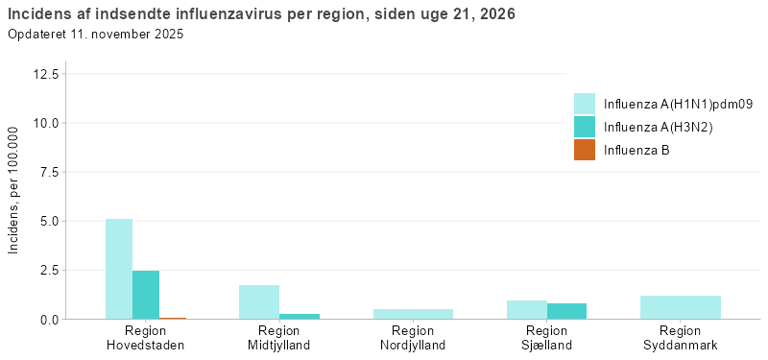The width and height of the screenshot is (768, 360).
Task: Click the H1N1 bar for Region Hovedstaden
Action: [119, 269]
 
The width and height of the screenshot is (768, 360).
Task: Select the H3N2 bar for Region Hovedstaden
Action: [146, 295]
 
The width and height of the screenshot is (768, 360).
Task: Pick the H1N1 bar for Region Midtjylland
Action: [259, 301]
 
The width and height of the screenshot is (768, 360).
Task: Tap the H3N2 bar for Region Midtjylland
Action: [300, 316]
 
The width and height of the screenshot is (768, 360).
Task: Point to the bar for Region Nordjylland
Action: [413, 314]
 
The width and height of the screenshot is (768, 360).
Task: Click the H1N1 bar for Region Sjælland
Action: [527, 309]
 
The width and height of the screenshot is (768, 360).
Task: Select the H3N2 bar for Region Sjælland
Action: [566, 311]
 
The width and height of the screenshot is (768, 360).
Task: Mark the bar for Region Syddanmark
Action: [681, 307]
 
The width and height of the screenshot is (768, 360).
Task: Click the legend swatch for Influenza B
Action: [585, 150]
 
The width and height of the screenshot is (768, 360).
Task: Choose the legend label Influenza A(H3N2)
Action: [658, 127]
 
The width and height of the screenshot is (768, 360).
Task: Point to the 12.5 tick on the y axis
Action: [46, 74]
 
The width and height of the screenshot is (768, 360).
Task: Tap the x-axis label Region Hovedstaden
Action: [146, 338]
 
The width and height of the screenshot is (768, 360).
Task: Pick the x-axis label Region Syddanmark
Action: [681, 338]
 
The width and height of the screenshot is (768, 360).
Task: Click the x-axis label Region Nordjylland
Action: [413, 338]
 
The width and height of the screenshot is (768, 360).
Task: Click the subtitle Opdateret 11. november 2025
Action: [95, 35]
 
